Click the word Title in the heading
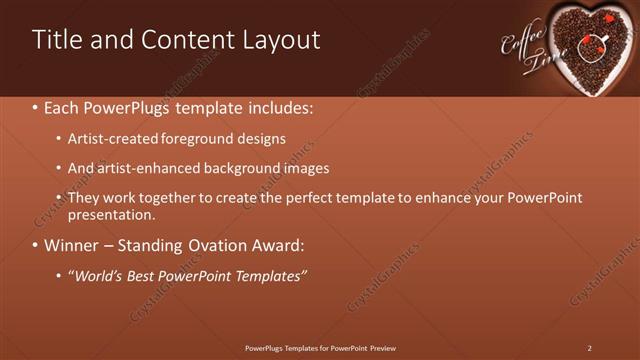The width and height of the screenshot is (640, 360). (x=58, y=40)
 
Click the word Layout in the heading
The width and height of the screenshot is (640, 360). (x=281, y=40)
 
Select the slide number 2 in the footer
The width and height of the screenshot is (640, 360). (x=590, y=347)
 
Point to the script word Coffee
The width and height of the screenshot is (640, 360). (x=520, y=41)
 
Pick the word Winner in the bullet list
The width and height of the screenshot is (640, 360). (x=72, y=245)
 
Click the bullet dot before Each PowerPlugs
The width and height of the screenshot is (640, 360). (x=36, y=107)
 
